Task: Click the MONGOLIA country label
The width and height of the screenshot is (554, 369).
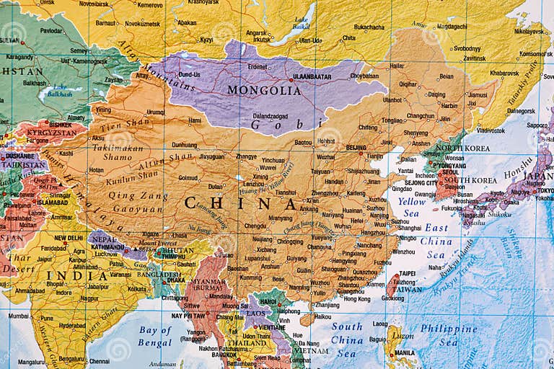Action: [263, 91]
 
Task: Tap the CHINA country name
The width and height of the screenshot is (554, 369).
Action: [240, 203]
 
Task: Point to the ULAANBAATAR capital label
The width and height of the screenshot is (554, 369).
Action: [312, 76]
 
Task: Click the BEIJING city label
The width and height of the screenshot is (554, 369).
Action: [356, 148]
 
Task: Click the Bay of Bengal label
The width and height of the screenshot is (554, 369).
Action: [155, 337]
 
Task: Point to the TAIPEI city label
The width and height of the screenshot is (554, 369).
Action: [408, 274]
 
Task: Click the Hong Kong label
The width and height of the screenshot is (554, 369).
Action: [357, 298]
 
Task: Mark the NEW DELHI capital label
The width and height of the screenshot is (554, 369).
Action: [69, 238]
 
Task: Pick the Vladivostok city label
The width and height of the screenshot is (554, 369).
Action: [491, 130]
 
